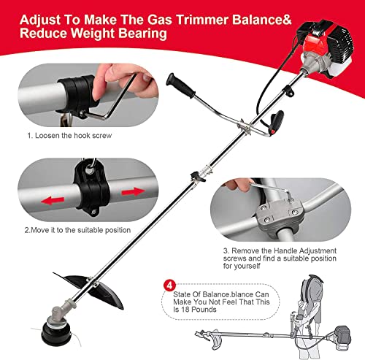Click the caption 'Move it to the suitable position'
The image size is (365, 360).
pyautogui.click(x=80, y=229)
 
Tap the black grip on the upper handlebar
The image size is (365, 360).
pyautogui.click(x=182, y=85)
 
